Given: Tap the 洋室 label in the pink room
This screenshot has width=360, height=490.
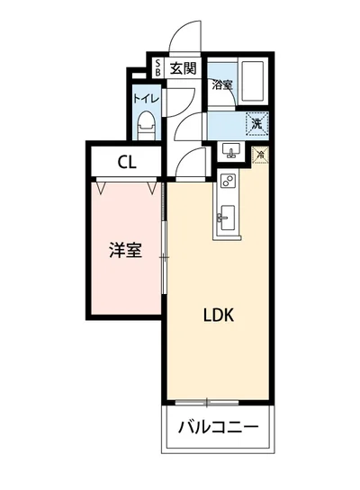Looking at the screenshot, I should click(x=125, y=251).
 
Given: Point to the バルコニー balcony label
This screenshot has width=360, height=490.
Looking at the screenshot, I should click(x=218, y=426).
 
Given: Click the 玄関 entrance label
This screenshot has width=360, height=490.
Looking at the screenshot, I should click(x=183, y=67).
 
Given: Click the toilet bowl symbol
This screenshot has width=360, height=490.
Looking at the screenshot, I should click(x=146, y=124).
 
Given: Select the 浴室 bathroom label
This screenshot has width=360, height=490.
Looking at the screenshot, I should click(x=222, y=86).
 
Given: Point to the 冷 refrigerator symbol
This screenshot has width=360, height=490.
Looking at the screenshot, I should click(x=260, y=155).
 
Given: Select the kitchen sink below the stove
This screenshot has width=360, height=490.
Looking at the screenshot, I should click(x=226, y=217).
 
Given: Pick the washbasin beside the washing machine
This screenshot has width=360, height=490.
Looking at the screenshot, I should click(x=229, y=151).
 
